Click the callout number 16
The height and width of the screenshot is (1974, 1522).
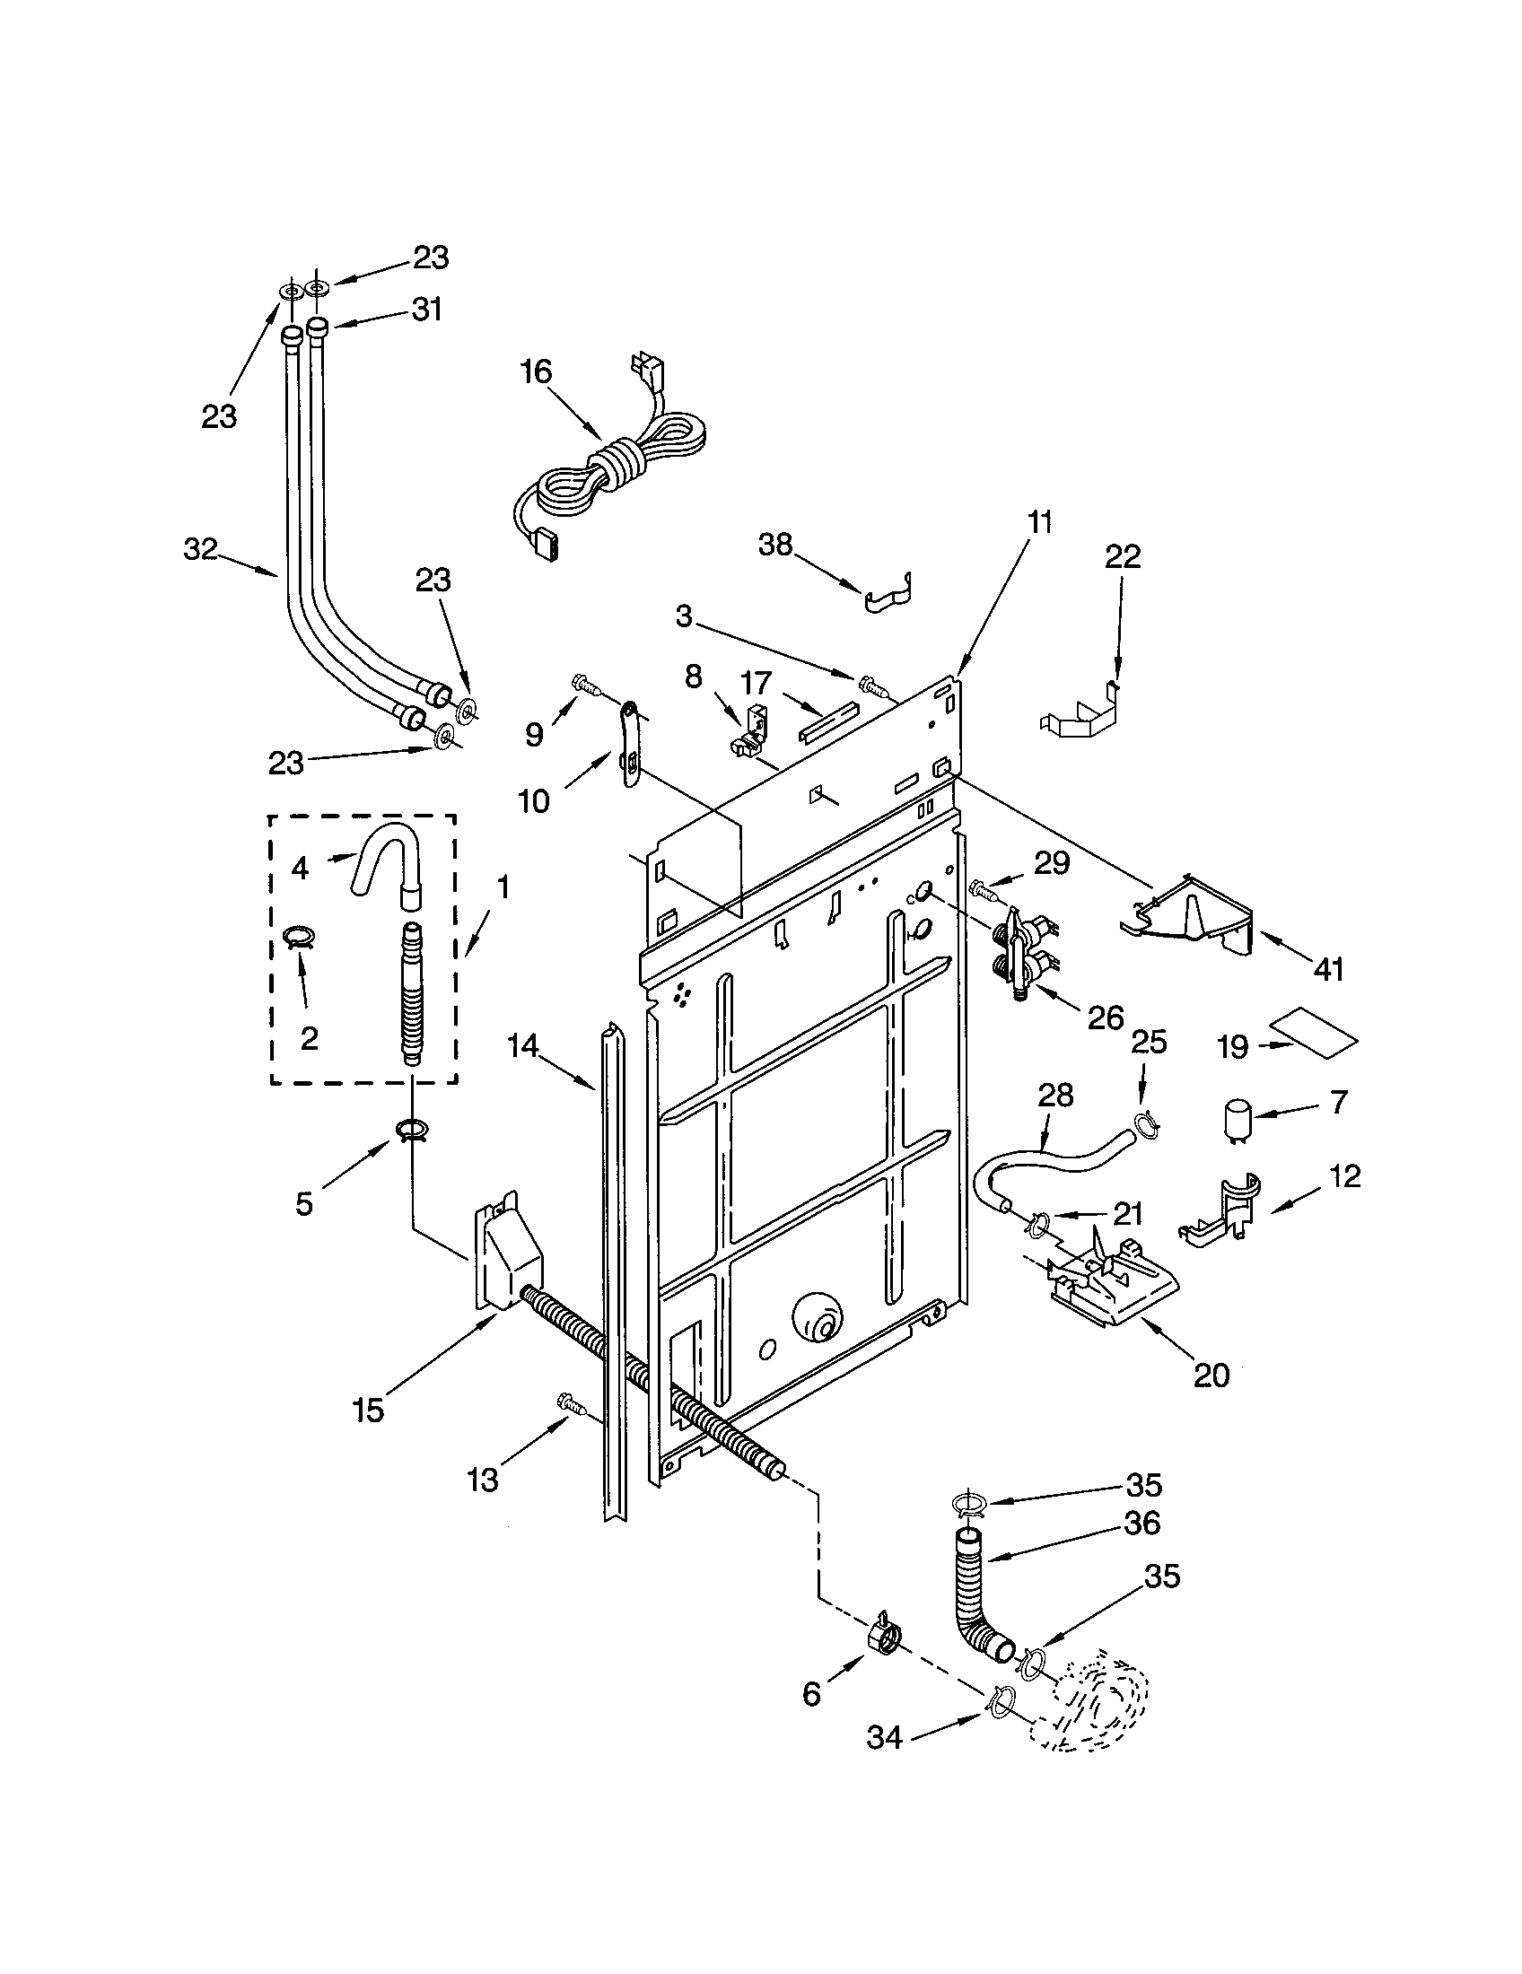[x=536, y=371]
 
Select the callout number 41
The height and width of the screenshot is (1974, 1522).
[x=1327, y=970]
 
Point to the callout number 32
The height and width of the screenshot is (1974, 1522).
[x=201, y=548]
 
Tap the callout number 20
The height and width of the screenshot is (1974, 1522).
[x=1211, y=1375]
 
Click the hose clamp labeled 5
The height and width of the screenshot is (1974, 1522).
[x=411, y=1130]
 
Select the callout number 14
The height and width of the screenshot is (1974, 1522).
[x=522, y=1046]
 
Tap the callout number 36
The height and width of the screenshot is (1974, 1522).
[x=1141, y=1523]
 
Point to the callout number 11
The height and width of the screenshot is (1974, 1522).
[x=1039, y=521]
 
